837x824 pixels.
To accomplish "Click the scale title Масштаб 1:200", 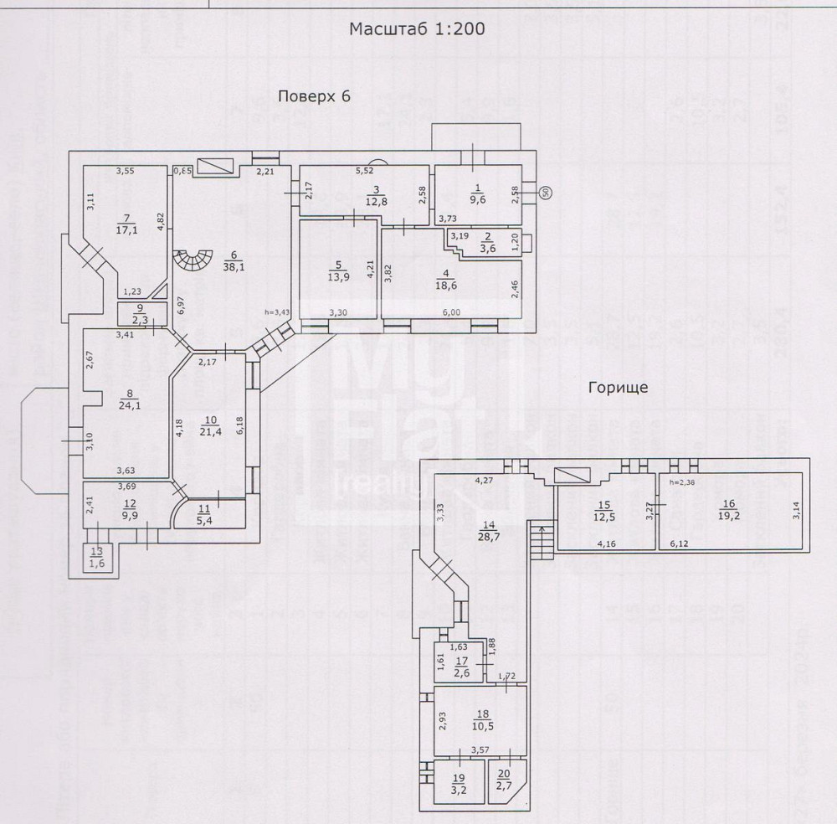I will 417,28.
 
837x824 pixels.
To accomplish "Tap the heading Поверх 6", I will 314,96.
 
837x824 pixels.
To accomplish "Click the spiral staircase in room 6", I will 191,266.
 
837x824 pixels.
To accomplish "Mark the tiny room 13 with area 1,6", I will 99,556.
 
